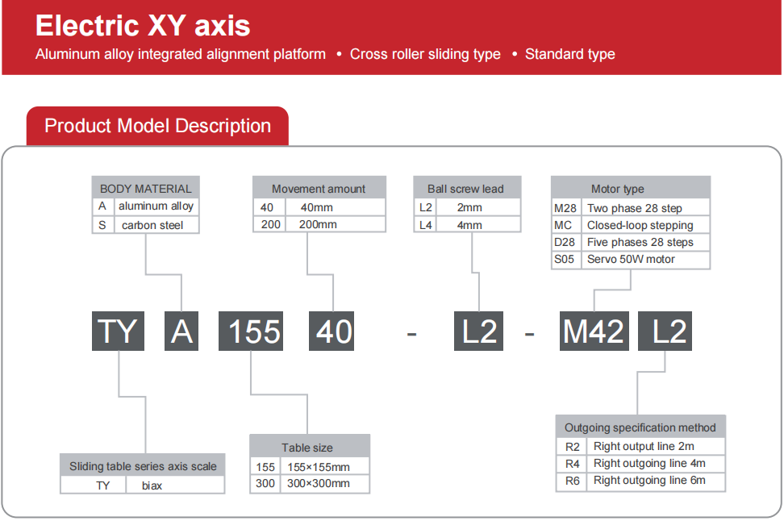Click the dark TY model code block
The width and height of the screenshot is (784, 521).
(118, 331)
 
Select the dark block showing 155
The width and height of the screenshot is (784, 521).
(251, 331)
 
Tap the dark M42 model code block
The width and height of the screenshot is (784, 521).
(594, 331)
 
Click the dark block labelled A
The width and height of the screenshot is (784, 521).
(181, 331)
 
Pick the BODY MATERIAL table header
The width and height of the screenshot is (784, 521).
(145, 188)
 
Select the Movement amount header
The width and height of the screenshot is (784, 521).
(319, 188)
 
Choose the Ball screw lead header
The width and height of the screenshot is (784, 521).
(467, 188)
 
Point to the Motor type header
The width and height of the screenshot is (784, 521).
(631, 188)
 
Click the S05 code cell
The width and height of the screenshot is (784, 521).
(565, 259)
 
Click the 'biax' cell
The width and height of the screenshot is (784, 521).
(152, 485)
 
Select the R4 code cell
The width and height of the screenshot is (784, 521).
(572, 464)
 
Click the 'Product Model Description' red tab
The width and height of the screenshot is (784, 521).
(157, 126)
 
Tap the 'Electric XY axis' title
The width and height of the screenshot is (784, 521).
(143, 26)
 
